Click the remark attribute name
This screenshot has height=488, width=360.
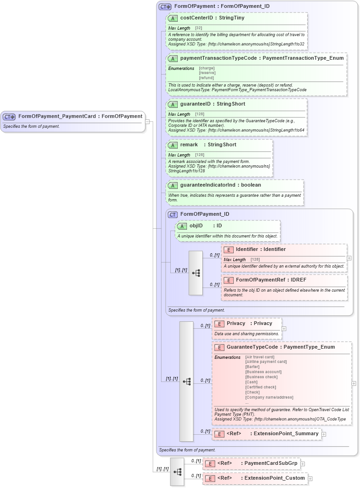[189, 145]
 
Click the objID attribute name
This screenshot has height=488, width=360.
[196, 226]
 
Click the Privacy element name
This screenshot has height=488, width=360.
[236, 324]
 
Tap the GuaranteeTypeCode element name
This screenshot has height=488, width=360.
[252, 347]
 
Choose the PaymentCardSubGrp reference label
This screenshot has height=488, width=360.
[271, 463]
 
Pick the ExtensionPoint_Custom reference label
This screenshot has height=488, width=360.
[274, 478]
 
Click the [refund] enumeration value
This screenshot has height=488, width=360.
[206, 78]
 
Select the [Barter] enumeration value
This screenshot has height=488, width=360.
[252, 367]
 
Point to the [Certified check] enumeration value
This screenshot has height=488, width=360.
[261, 387]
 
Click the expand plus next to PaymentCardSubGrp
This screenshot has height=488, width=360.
[302, 463]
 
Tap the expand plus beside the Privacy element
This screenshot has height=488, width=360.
[284, 329]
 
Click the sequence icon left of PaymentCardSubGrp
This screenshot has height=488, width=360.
[177, 471]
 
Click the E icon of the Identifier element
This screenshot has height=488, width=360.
[228, 250]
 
